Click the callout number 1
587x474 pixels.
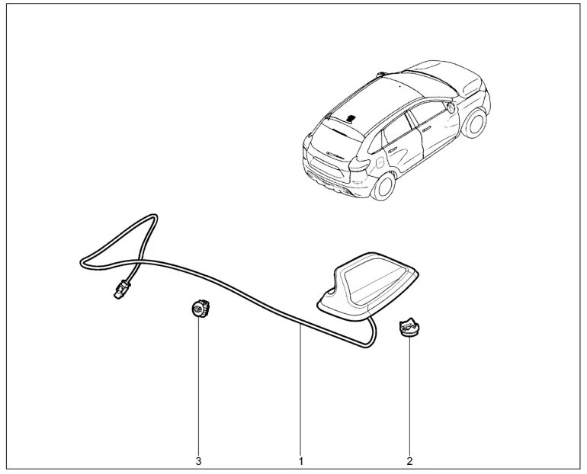coord(300,461)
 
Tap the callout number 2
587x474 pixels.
coord(409,461)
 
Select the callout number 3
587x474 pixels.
coord(198,461)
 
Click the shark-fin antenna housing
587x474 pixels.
coord(367,287)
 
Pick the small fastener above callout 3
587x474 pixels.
coord(200,309)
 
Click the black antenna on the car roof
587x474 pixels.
coord(351,119)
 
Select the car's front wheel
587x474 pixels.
coord(475,123)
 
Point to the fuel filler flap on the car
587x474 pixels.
coord(380,163)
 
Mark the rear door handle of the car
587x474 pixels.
coord(392,149)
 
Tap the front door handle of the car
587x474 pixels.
coord(426,129)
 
